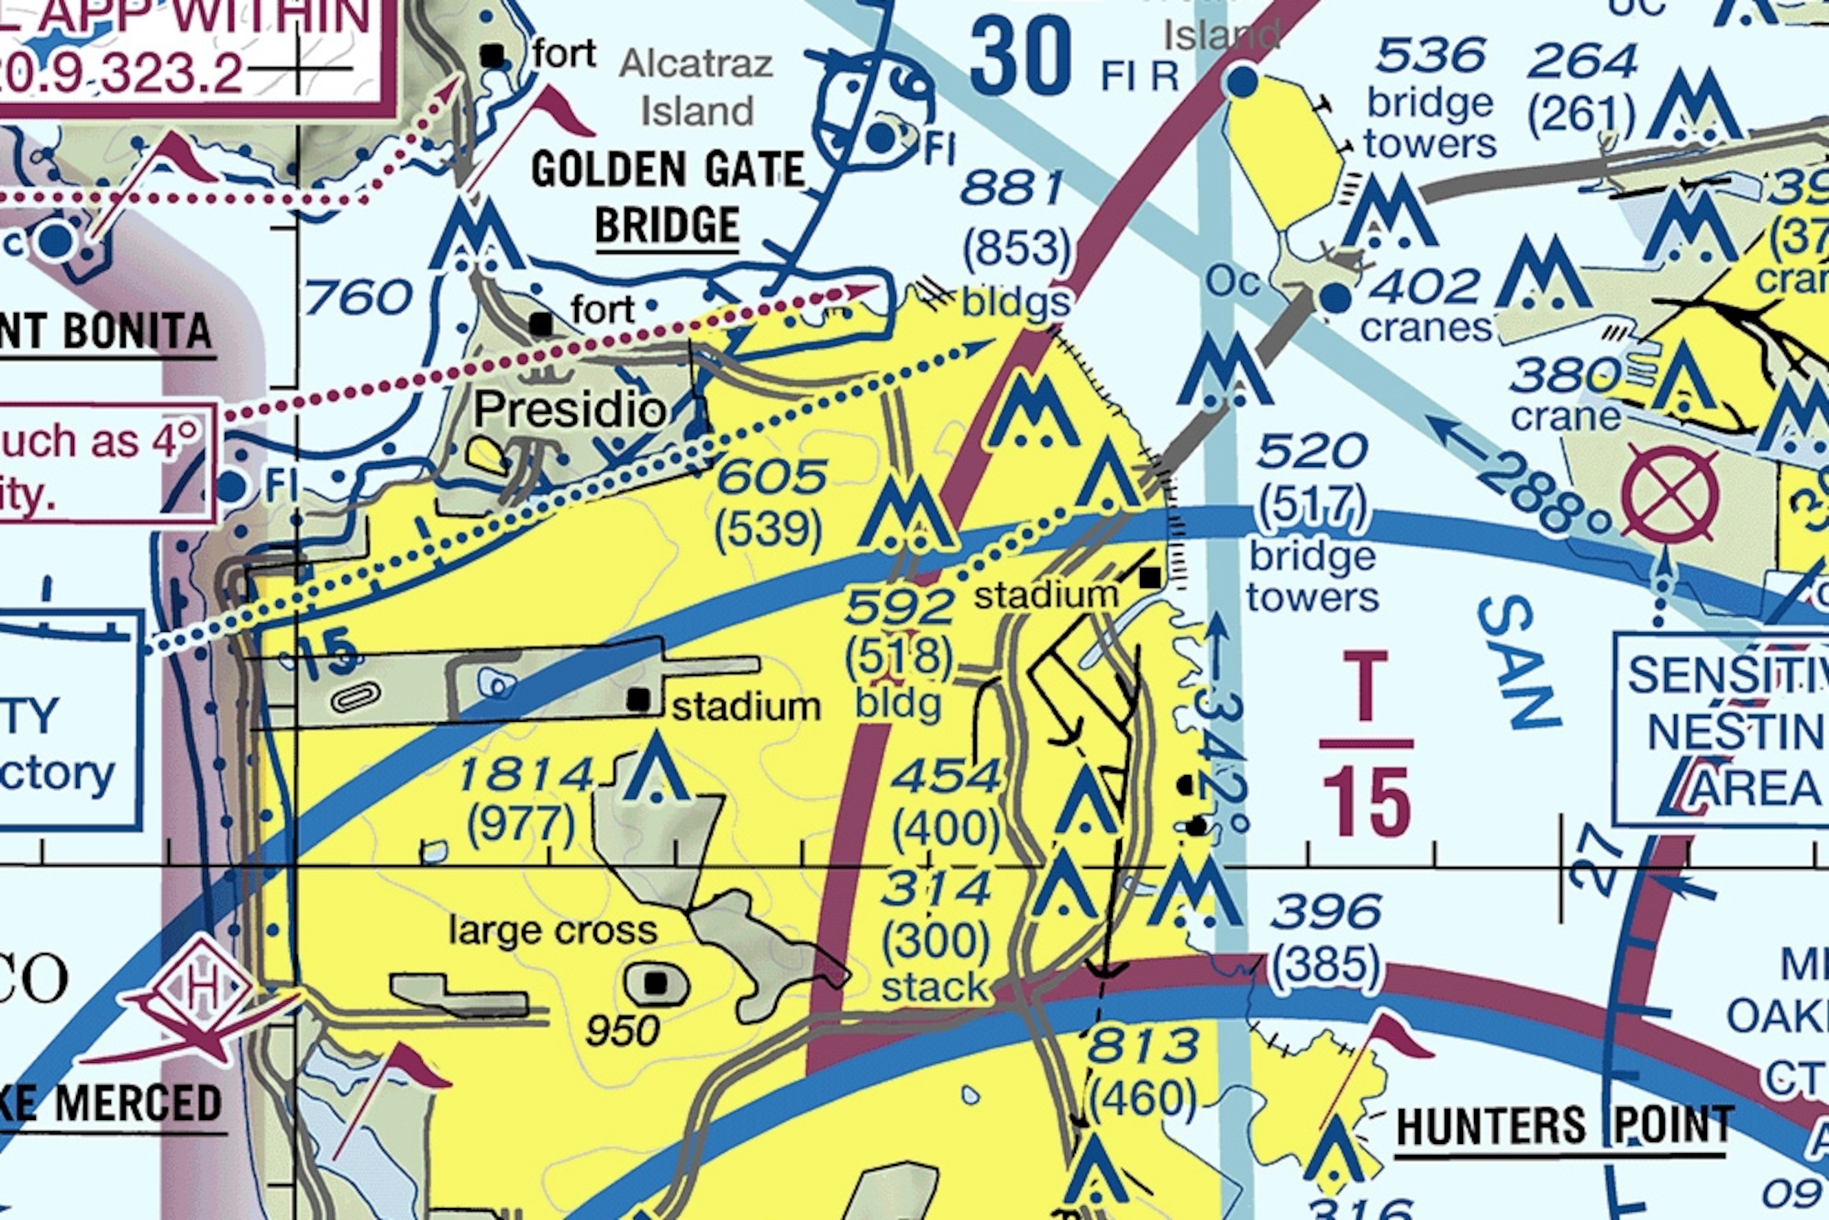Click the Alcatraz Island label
[696, 87]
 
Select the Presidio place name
[570, 409]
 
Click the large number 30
[1020, 56]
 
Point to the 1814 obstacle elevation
[526, 775]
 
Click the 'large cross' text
[553, 931]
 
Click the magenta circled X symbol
[1669, 495]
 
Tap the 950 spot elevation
[622, 1031]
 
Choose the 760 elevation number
[358, 298]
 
